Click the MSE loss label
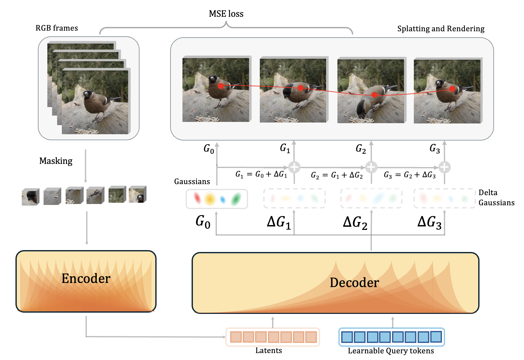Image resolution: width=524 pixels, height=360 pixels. coord(226,14)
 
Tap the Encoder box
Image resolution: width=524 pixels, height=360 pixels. coord(86,281)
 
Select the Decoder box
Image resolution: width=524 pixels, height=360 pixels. coord(335,283)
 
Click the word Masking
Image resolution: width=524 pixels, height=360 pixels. coord(56,161)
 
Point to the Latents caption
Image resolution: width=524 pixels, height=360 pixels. coord(269,351)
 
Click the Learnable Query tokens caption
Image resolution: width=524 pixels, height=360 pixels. coord(391,351)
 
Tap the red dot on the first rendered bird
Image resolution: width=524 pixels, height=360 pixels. coord(221,86)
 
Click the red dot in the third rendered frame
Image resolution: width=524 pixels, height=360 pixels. coord(374,95)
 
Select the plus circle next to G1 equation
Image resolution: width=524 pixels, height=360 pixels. coord(294,167)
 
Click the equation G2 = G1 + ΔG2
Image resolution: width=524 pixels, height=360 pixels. coord(336,175)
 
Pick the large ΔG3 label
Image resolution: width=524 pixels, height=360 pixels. coord(429,222)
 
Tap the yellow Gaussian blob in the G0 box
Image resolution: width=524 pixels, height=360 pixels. coord(210,199)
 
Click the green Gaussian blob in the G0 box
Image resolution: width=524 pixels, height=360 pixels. coord(236,199)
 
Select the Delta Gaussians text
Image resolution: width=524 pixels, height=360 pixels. coord(496,198)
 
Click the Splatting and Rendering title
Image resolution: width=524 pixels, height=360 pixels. coord(441,29)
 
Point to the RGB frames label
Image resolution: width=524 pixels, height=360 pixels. coord(57,28)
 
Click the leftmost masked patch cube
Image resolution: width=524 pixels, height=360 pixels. coord(30,197)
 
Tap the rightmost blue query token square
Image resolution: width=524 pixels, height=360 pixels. coord(436,337)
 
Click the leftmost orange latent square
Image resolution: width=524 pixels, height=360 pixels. coord(235,337)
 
